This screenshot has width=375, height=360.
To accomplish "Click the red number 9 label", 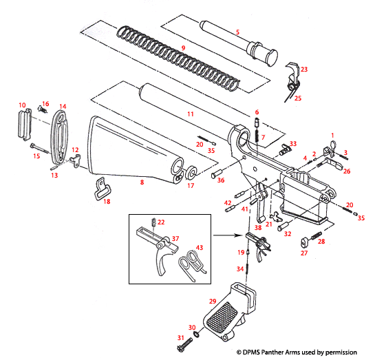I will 183,47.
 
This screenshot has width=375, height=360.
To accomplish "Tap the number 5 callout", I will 237,32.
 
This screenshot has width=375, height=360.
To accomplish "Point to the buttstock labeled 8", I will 131,148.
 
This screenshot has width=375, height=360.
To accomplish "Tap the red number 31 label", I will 181,338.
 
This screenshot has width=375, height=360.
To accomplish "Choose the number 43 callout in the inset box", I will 199,247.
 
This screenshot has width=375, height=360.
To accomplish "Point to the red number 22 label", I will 161,222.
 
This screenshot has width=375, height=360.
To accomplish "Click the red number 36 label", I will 221,180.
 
